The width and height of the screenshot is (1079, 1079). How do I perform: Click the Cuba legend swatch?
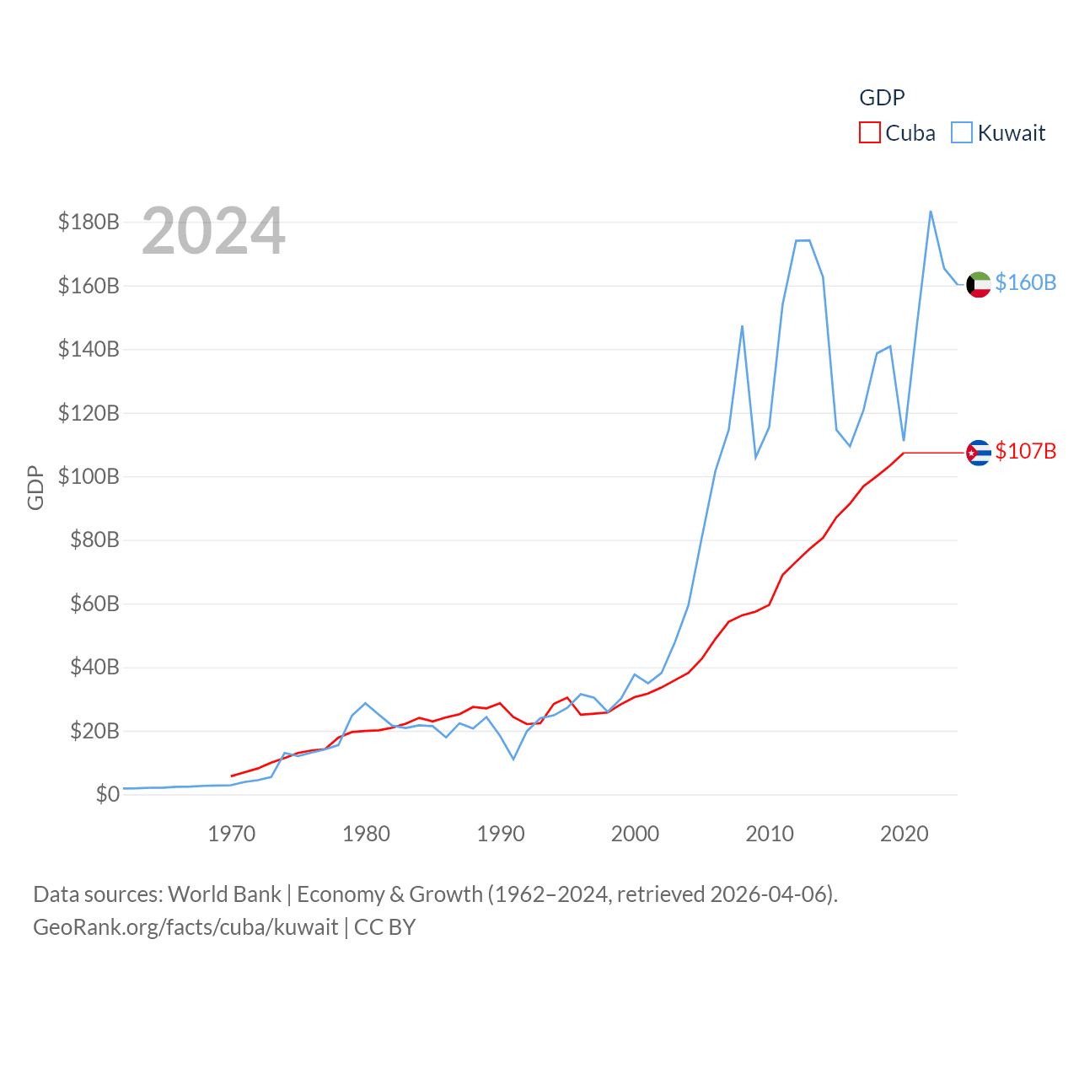coord(869,133)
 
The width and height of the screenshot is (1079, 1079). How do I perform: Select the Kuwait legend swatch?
coord(961,133)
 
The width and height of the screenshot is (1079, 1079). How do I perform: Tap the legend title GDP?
coord(882,98)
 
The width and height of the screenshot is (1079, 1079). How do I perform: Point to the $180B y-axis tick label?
coord(89,222)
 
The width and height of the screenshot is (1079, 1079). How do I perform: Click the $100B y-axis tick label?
coord(89,476)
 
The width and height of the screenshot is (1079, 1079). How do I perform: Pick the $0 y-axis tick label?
coord(107,794)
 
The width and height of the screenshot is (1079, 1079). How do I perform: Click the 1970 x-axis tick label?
coord(231,834)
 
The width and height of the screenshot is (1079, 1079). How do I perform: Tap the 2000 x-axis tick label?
coord(635,834)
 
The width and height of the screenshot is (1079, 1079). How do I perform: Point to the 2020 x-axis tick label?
coord(904,834)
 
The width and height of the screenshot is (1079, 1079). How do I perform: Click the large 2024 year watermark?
coord(213,231)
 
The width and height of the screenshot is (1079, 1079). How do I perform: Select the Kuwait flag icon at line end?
coord(979,285)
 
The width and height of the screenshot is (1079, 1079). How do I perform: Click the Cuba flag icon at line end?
coord(979,453)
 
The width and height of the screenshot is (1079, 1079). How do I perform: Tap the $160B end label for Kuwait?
coord(1025,282)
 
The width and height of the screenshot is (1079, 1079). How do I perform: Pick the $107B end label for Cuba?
coord(1025,451)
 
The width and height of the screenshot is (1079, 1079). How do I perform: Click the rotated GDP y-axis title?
coord(35,487)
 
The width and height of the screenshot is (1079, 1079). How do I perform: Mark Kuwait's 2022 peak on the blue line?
coord(931,212)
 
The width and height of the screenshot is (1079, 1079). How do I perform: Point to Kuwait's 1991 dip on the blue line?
coord(513,759)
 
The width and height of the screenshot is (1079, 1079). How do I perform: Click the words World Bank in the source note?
coord(224,894)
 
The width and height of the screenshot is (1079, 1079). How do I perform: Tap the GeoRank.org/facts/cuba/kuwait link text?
coord(185,927)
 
